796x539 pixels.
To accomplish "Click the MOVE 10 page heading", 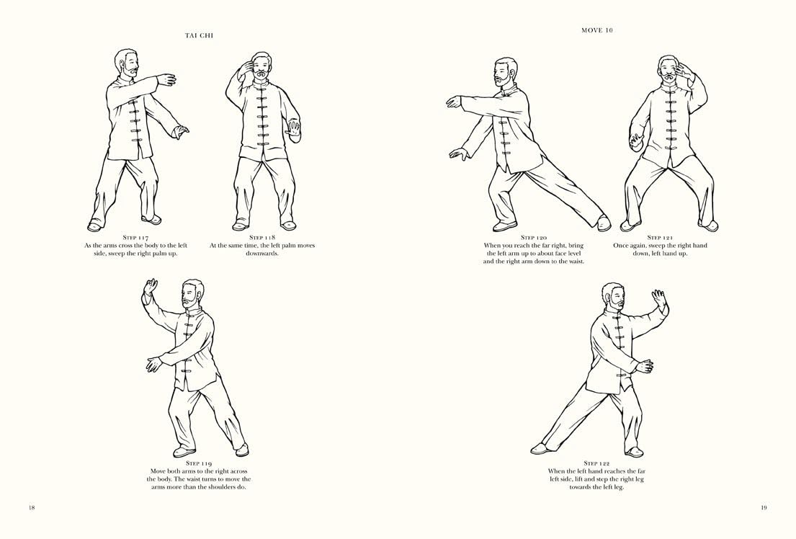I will [x=596, y=30].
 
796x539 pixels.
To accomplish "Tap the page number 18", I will [x=32, y=507].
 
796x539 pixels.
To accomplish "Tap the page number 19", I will [x=764, y=507].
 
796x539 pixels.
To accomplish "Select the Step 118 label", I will [x=262, y=237].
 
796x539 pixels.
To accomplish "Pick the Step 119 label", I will [x=199, y=463].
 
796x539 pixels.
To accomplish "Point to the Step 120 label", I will [x=533, y=237].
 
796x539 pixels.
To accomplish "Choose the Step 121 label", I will [x=660, y=237].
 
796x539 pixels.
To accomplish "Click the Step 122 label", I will [x=596, y=463].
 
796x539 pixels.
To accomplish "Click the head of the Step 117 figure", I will [x=128, y=63].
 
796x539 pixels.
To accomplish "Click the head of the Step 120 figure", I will [x=505, y=72].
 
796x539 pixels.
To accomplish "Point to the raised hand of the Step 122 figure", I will [x=658, y=298].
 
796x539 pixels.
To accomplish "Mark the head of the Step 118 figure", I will [x=260, y=68].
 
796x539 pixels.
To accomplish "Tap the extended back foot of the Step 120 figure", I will [x=604, y=223].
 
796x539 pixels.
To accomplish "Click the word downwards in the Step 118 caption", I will [x=262, y=254].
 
